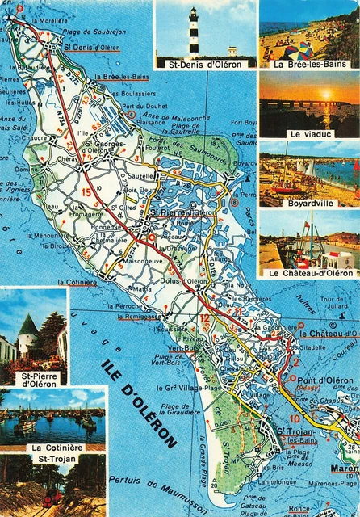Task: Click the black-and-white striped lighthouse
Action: [193, 32]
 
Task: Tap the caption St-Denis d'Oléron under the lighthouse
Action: [204, 63]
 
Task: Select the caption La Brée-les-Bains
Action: [308, 63]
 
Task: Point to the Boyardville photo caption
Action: [309, 203]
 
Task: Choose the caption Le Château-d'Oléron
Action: [308, 273]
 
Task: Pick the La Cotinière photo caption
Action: [56, 448]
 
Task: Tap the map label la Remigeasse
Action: [142, 317]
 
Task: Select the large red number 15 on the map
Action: [86, 191]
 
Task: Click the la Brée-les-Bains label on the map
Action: [122, 77]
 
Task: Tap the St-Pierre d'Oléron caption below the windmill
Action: [39, 379]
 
